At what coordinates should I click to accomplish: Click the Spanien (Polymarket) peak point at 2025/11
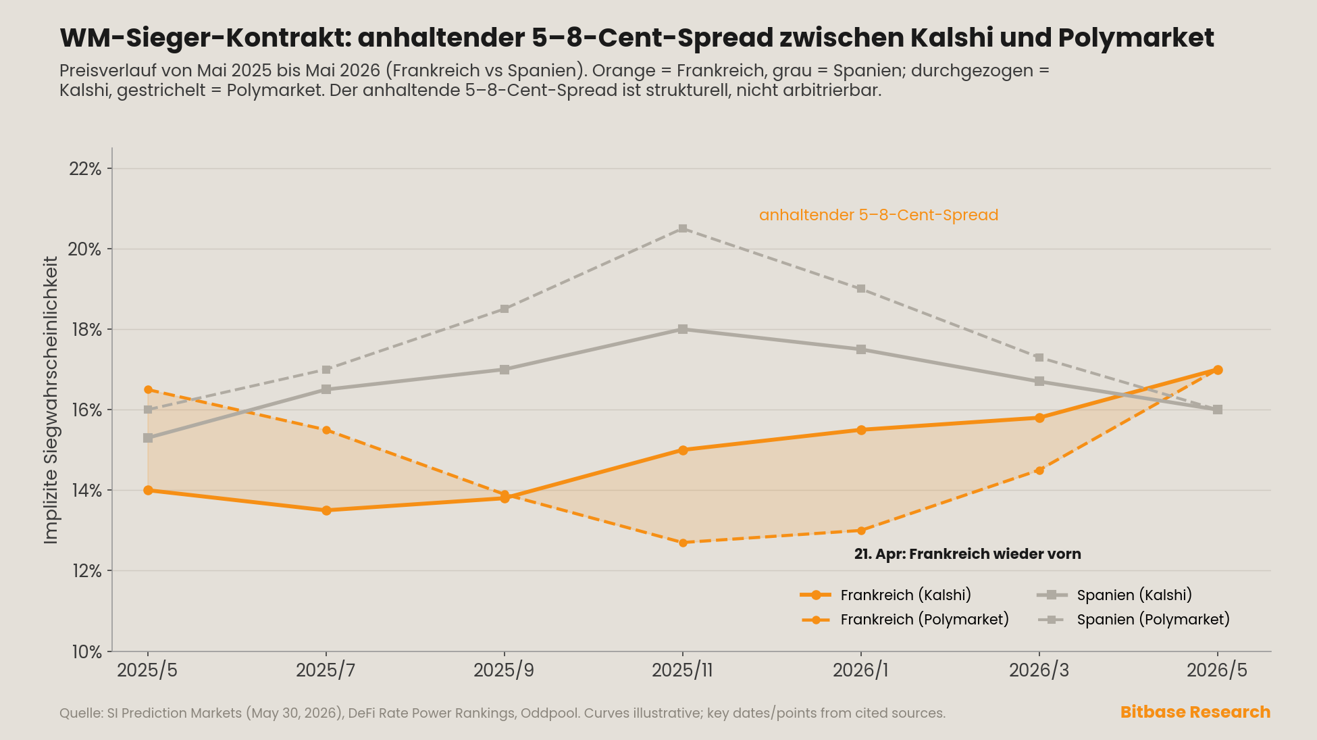coord(683,228)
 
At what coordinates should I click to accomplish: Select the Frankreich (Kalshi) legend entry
coord(885,595)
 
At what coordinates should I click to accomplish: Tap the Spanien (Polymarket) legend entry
coord(1133,620)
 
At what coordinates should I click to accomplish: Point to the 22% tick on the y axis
coord(85,169)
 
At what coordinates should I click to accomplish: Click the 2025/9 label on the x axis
coord(504,670)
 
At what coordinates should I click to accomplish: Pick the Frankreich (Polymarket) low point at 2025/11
coord(683,543)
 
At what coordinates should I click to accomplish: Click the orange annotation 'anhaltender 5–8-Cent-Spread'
coord(879,215)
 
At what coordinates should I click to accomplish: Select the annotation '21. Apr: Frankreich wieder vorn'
coord(967,554)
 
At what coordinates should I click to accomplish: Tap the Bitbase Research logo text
coord(1195,712)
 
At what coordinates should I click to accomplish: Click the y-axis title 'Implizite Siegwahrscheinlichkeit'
coord(51,399)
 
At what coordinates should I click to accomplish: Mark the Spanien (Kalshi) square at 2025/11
coord(683,329)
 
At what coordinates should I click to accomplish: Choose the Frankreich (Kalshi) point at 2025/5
coord(148,490)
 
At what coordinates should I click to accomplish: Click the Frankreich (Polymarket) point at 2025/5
coord(148,390)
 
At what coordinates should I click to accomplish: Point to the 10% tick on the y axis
coord(86,652)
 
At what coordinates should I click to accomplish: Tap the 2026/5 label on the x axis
coord(1217,670)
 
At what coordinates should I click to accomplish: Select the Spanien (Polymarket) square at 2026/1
coord(861,289)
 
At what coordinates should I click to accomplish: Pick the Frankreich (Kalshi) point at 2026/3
coord(1039,418)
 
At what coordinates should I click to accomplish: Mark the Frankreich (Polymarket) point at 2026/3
coord(1039,470)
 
